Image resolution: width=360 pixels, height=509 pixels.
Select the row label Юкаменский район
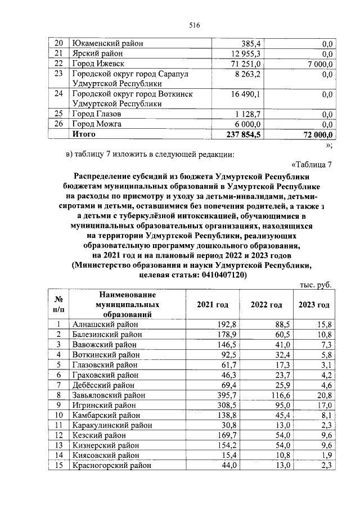(x=107, y=43)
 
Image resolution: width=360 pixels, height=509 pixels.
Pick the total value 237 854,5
(x=242, y=134)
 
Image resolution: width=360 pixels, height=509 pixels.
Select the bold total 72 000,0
(x=314, y=134)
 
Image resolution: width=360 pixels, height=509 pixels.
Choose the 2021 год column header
(x=212, y=305)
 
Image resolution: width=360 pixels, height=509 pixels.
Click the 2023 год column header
(x=313, y=305)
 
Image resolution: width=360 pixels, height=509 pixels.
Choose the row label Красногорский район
(x=111, y=465)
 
